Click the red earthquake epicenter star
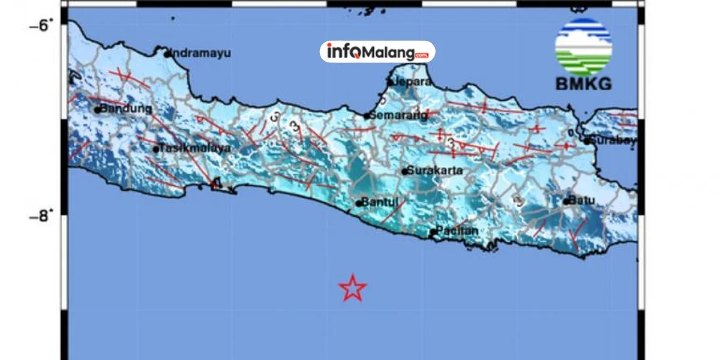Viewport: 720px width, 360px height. pyautogui.click(x=352, y=288)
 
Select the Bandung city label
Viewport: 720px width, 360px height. pyautogui.click(x=126, y=109)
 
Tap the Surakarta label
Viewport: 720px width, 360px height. pyautogui.click(x=435, y=170)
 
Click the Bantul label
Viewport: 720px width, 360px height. pyautogui.click(x=382, y=202)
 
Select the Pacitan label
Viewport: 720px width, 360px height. pyautogui.click(x=457, y=230)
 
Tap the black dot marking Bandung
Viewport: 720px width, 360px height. pyautogui.click(x=97, y=110)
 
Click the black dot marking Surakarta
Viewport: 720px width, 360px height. pyautogui.click(x=405, y=172)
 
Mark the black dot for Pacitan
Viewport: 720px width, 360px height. pyautogui.click(x=433, y=232)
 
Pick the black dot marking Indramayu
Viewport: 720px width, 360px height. pyautogui.click(x=167, y=54)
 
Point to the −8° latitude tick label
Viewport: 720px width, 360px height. pyautogui.click(x=41, y=214)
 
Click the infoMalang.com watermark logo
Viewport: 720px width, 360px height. pyautogui.click(x=377, y=52)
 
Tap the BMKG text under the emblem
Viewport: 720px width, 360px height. pyautogui.click(x=583, y=84)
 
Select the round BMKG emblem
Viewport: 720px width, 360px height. pyautogui.click(x=583, y=46)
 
